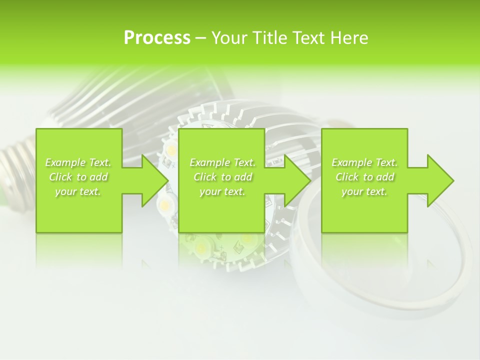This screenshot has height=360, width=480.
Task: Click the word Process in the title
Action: (157, 38)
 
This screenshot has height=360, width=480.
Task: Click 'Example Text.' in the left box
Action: (78, 162)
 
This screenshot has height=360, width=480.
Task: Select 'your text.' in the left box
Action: (78, 192)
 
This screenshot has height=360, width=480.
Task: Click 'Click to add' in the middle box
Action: (222, 177)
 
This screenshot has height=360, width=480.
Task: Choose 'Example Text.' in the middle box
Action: (222, 162)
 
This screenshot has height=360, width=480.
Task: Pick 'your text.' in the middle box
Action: (222, 192)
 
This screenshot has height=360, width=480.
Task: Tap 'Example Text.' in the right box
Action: (364, 162)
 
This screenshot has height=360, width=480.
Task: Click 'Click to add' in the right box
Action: (364, 177)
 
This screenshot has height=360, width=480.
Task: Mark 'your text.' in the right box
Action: (364, 192)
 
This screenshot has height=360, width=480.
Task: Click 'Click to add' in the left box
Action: (78, 177)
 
